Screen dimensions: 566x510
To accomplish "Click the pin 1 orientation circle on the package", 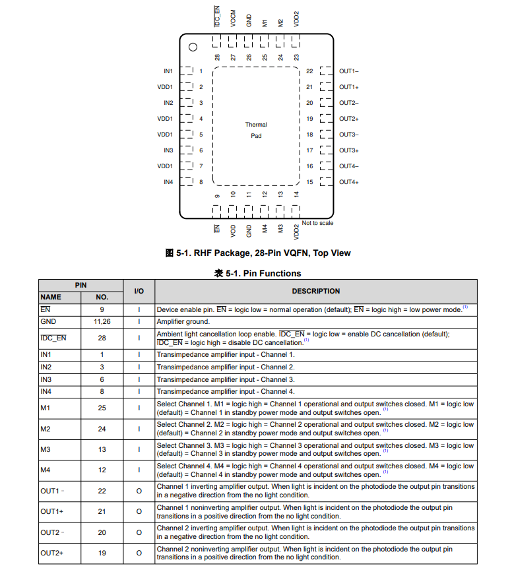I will (x=193, y=47).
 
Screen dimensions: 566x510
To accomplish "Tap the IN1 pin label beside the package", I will (x=168, y=71).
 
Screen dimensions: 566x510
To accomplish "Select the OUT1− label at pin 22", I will (x=348, y=71).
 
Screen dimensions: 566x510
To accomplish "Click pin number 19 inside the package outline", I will (x=309, y=119).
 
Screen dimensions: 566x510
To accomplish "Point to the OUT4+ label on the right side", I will (x=348, y=182).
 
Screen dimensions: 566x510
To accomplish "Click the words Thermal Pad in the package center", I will (x=256, y=130).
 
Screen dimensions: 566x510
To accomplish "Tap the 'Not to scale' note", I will (x=317, y=223).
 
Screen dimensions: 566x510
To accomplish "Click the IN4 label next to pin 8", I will (x=168, y=182).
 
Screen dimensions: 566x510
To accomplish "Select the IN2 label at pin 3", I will (x=168, y=103).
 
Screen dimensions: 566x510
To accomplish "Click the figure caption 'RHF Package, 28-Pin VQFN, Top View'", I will (x=263, y=253).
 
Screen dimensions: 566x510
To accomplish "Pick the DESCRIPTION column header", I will (x=315, y=291).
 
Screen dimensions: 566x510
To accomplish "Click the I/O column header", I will (x=139, y=291).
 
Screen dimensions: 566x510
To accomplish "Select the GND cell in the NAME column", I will (x=48, y=321).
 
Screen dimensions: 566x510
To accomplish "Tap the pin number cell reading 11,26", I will (x=102, y=321).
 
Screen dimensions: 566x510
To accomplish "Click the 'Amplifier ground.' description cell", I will (x=183, y=321).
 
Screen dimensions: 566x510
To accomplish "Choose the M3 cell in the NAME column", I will (x=45, y=449).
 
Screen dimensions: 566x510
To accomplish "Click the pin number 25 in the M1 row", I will (x=102, y=408).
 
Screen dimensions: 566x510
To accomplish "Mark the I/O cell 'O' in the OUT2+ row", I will (x=139, y=553).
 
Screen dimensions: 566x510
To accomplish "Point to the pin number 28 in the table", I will (x=102, y=338).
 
